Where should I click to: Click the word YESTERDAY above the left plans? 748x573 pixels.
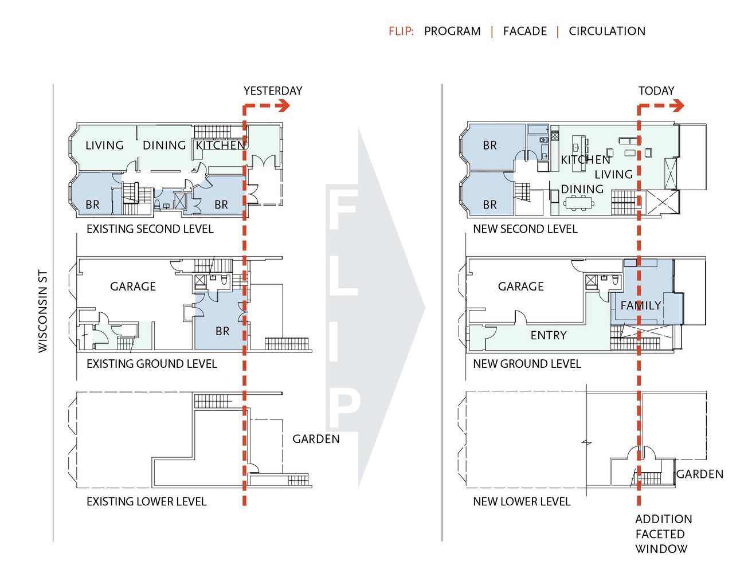click(x=272, y=91)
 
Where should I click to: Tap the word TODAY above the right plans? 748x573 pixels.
click(x=656, y=91)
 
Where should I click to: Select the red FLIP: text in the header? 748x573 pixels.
click(x=401, y=32)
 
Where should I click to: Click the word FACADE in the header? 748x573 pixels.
click(x=524, y=32)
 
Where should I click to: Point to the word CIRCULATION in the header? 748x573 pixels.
click(x=606, y=32)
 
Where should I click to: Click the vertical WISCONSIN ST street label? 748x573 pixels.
click(x=43, y=311)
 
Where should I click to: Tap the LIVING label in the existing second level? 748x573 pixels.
click(x=104, y=146)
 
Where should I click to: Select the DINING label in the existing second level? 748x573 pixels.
click(x=164, y=146)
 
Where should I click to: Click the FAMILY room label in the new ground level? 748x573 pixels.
click(x=641, y=305)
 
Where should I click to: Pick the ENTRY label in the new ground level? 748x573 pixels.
click(x=548, y=335)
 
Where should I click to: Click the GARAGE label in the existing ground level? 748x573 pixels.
click(x=133, y=286)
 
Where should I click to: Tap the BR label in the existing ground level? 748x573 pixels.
click(x=222, y=331)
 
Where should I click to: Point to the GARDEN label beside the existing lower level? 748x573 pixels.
click(x=316, y=439)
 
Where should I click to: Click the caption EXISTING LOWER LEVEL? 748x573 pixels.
click(x=146, y=502)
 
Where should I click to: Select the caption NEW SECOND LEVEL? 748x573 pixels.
click(x=525, y=229)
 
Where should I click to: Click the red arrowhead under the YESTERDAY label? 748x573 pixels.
click(x=284, y=105)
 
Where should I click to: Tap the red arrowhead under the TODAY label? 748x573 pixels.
click(x=677, y=105)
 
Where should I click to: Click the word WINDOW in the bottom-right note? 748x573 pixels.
click(x=661, y=549)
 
